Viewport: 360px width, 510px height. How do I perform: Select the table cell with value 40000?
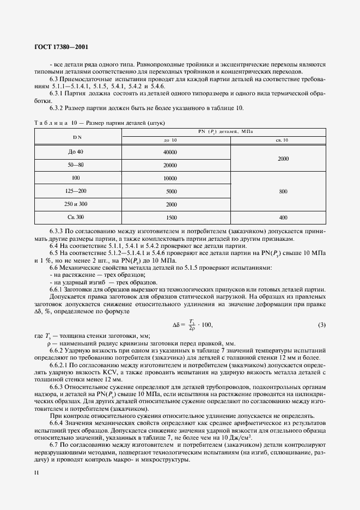[170, 151]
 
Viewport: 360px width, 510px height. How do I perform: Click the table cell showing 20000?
[170, 165]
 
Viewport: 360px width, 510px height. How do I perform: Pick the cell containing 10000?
[170, 178]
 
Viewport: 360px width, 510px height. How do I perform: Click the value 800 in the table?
[283, 191]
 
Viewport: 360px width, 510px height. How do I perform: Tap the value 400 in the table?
[283, 217]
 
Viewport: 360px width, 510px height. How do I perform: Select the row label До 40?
[76, 151]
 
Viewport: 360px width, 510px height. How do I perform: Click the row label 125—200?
[76, 191]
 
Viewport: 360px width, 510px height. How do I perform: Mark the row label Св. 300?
[76, 217]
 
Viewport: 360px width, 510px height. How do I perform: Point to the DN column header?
[76, 136]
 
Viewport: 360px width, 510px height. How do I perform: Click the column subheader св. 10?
[283, 141]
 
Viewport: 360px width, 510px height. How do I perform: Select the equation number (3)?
[321, 325]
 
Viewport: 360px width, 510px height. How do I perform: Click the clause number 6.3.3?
[58, 231]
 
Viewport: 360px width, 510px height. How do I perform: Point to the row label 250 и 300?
[76, 204]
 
